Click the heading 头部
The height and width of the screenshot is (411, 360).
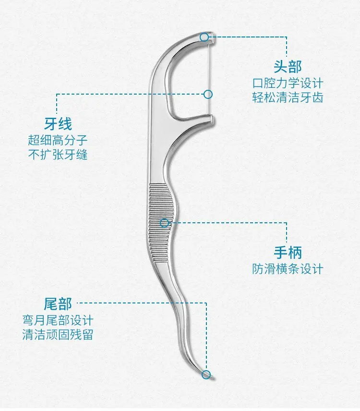[x=288, y=67]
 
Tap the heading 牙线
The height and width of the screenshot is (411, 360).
[x=58, y=124]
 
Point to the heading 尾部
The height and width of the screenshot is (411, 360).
[x=58, y=303]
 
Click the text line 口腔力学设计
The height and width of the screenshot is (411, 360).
[x=288, y=83]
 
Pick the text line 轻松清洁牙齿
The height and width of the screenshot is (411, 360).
[x=288, y=97]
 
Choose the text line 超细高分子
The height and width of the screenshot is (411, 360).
[x=58, y=140]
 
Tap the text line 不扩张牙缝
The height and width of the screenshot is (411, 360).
[x=58, y=155]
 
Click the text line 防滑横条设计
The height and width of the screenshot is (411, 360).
[x=288, y=269]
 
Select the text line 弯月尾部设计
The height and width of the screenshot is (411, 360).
[x=58, y=320]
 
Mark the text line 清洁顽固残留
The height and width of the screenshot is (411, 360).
[x=58, y=334]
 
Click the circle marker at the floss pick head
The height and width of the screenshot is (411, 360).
[x=205, y=36]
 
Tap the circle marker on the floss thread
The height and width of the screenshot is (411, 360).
[x=208, y=94]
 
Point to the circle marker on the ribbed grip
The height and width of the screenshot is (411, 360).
[x=165, y=223]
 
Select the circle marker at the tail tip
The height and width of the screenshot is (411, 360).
[x=206, y=375]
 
